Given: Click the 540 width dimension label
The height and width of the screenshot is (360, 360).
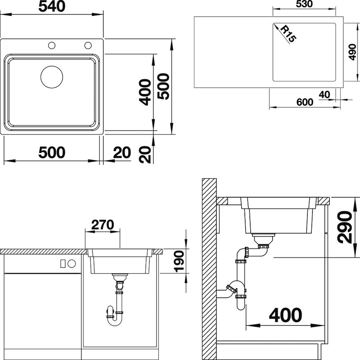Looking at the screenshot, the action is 52,6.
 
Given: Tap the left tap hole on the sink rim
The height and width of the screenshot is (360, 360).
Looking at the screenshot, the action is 52,45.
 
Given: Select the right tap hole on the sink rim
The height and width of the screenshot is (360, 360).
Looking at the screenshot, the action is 88,45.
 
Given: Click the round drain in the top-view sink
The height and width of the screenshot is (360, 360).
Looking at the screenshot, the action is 52,77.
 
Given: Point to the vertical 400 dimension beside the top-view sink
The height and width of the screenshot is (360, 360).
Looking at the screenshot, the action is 145,92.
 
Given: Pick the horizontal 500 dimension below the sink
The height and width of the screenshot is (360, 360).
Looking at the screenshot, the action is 52,153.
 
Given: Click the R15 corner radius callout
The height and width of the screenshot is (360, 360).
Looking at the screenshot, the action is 288,34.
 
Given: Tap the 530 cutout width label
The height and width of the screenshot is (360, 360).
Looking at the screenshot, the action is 304,4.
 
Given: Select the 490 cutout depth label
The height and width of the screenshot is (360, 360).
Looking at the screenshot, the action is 352,52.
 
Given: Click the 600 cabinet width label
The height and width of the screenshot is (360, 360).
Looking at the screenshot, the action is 305,102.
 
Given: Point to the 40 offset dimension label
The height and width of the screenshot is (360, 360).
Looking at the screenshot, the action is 324,94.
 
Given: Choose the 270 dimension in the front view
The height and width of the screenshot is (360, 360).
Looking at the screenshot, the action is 103,225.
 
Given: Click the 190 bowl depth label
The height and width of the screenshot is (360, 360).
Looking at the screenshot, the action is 179,261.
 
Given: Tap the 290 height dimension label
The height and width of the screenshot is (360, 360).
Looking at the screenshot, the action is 345,227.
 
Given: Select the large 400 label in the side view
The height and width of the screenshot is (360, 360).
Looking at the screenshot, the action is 285,315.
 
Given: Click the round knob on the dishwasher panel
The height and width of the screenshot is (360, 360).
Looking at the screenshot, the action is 72,264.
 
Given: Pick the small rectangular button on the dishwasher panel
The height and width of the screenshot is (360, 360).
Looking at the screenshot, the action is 63,264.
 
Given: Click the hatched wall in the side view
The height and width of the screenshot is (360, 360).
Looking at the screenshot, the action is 209,269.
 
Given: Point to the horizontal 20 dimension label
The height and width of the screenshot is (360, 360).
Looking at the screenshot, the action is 122,153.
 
